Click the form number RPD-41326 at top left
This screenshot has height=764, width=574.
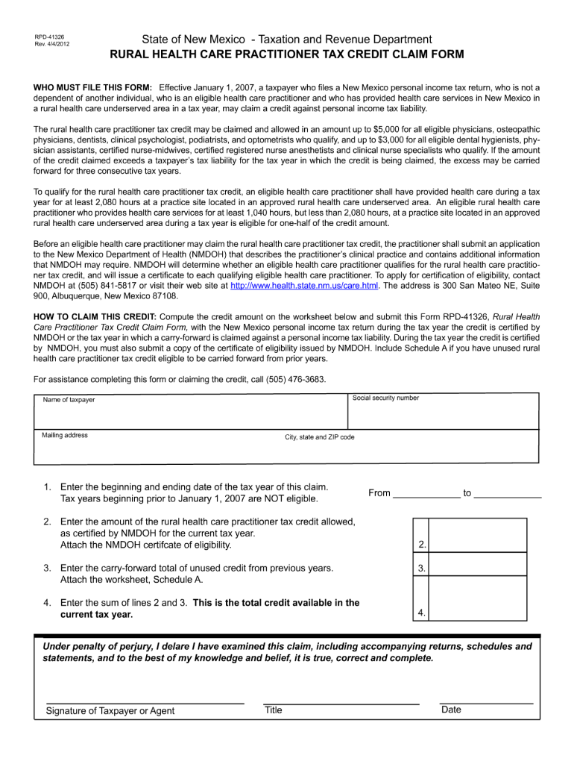coord(49,37)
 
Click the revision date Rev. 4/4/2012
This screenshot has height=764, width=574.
coord(51,44)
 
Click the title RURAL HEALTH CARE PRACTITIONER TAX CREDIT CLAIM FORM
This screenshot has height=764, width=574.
coord(287,55)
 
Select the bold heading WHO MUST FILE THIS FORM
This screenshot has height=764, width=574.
coord(93,88)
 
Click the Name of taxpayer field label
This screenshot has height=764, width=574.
coord(69,400)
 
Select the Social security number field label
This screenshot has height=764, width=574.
coord(386,398)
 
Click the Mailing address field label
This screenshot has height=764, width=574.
coord(65,436)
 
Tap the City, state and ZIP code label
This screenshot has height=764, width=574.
coord(320,437)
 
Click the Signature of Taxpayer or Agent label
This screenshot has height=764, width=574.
coord(110,711)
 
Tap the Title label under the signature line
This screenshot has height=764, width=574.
coord(274,710)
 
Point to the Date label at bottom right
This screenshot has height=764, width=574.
coord(451,710)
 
